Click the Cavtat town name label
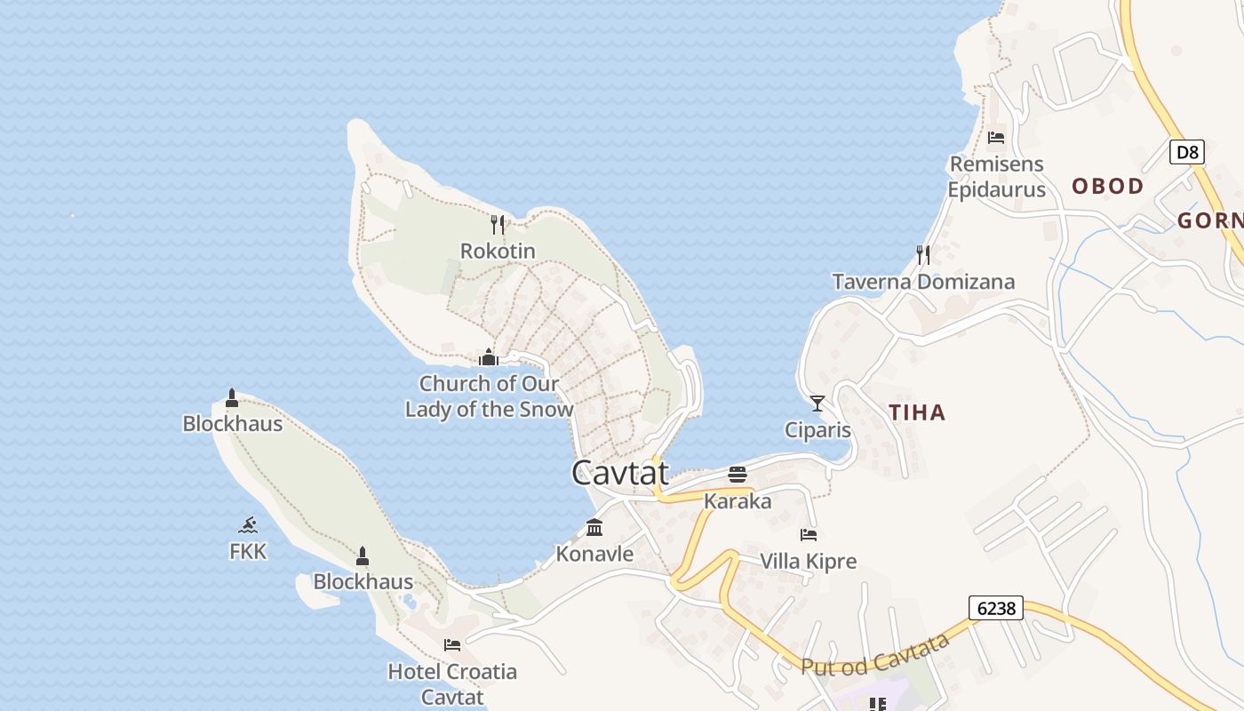click(619, 473)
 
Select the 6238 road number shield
click(995, 608)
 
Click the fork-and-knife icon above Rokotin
click(498, 224)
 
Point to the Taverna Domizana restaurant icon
click(923, 255)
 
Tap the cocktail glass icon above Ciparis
click(817, 403)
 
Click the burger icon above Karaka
click(738, 475)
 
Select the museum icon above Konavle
click(594, 528)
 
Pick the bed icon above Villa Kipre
click(809, 534)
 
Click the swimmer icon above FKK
click(248, 524)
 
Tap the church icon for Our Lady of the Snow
click(488, 357)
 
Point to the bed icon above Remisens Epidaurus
click(996, 137)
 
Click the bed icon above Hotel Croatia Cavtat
click(452, 644)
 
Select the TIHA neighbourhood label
click(917, 412)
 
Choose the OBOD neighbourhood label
click(1107, 186)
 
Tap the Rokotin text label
click(498, 251)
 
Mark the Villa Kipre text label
click(809, 561)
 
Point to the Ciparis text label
click(817, 430)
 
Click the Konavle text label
click(594, 554)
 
